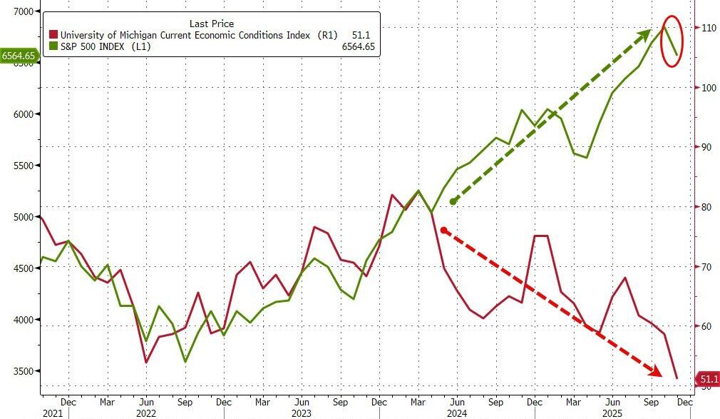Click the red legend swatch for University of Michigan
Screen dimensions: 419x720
point(53,34)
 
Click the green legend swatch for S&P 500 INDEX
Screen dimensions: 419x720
point(53,46)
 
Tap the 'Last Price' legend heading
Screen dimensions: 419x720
point(211,23)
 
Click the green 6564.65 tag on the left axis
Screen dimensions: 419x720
point(19,55)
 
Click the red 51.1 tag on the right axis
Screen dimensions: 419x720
point(709,379)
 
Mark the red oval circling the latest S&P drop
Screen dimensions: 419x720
point(672,41)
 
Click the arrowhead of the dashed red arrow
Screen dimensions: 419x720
point(653,371)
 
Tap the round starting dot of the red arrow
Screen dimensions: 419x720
point(443,230)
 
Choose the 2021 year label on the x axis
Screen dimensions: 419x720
point(53,413)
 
